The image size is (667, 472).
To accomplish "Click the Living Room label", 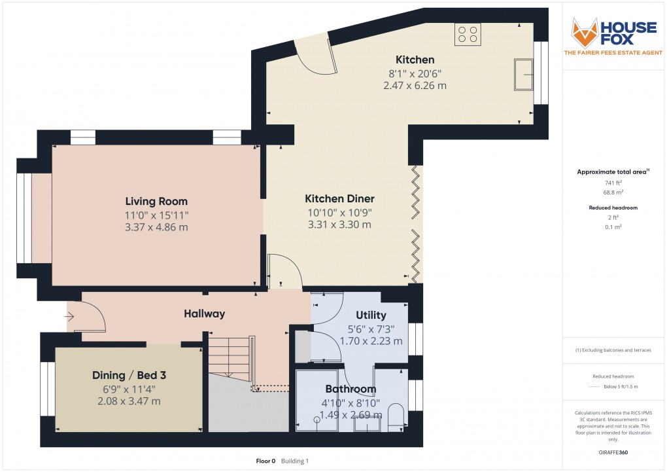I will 156,202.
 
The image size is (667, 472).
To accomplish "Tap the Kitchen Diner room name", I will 339,198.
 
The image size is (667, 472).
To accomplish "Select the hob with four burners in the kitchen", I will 468,34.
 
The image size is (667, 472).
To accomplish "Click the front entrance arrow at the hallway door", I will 71,318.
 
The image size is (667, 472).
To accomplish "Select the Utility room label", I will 371,316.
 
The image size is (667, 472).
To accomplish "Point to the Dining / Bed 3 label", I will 128,375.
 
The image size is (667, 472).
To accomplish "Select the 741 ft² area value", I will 612,183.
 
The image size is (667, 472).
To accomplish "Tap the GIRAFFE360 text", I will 613,452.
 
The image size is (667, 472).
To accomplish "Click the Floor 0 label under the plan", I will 265,461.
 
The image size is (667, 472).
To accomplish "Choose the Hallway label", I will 204,314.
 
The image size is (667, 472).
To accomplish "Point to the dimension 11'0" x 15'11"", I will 156,215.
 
